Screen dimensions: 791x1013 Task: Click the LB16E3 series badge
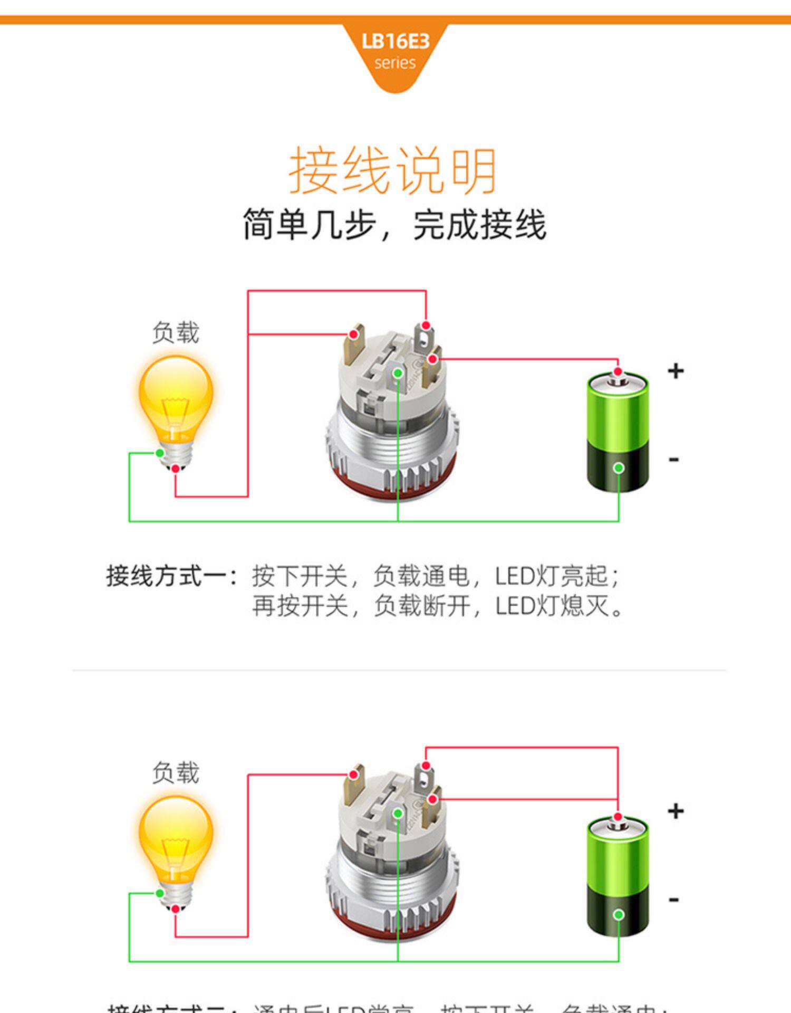[x=395, y=51]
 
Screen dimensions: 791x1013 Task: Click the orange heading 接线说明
[x=393, y=171]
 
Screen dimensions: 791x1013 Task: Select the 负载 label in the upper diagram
[x=176, y=333]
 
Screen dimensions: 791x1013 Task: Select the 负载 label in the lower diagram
[x=176, y=773]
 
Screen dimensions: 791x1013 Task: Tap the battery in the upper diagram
[x=618, y=433]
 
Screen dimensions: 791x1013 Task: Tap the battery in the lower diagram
[x=618, y=873]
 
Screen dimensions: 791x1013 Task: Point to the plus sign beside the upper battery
[x=676, y=371]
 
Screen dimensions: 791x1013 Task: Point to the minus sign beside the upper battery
[x=673, y=460]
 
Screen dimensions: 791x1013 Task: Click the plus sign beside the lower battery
[x=676, y=811]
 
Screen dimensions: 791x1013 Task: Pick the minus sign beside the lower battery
[x=673, y=900]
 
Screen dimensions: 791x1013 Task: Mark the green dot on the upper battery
[x=619, y=468]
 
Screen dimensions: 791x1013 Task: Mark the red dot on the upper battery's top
[x=618, y=371]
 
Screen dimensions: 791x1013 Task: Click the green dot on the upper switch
[x=398, y=374]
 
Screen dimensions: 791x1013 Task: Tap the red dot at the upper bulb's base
[x=176, y=469]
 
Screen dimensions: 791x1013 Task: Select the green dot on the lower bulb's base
[x=159, y=893]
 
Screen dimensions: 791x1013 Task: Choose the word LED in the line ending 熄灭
[x=514, y=606]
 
